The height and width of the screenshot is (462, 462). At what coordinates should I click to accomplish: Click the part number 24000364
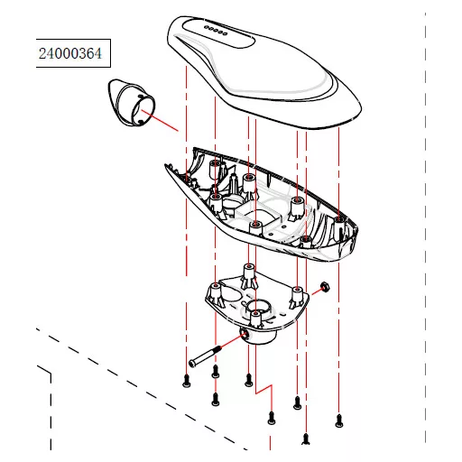click(x=70, y=53)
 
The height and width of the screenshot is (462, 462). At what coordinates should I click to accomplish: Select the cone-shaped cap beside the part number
click(x=132, y=103)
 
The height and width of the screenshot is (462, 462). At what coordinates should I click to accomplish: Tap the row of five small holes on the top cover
click(x=216, y=31)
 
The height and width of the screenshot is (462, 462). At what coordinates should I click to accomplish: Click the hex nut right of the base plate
click(x=325, y=287)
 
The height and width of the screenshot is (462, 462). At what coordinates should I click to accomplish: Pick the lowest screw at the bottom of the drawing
click(x=306, y=439)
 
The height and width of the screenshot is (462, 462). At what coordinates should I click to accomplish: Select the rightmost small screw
click(x=339, y=420)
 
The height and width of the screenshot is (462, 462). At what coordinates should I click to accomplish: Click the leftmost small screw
click(x=187, y=381)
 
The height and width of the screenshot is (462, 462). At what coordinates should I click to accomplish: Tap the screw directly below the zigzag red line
click(x=272, y=418)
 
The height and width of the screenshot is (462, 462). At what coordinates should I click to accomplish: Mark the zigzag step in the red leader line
click(x=263, y=389)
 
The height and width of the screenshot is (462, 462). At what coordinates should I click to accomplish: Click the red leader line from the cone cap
click(x=160, y=121)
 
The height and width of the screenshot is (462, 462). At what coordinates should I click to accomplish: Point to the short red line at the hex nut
click(x=318, y=291)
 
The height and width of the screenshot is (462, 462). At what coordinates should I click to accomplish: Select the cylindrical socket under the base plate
click(x=258, y=335)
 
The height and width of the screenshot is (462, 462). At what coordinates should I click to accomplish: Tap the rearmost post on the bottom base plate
click(x=249, y=274)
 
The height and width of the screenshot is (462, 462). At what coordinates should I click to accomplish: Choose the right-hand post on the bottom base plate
click(x=297, y=297)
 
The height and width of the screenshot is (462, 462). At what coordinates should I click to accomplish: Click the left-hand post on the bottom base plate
click(x=215, y=292)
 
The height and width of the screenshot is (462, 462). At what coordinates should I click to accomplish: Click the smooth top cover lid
click(x=264, y=72)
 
